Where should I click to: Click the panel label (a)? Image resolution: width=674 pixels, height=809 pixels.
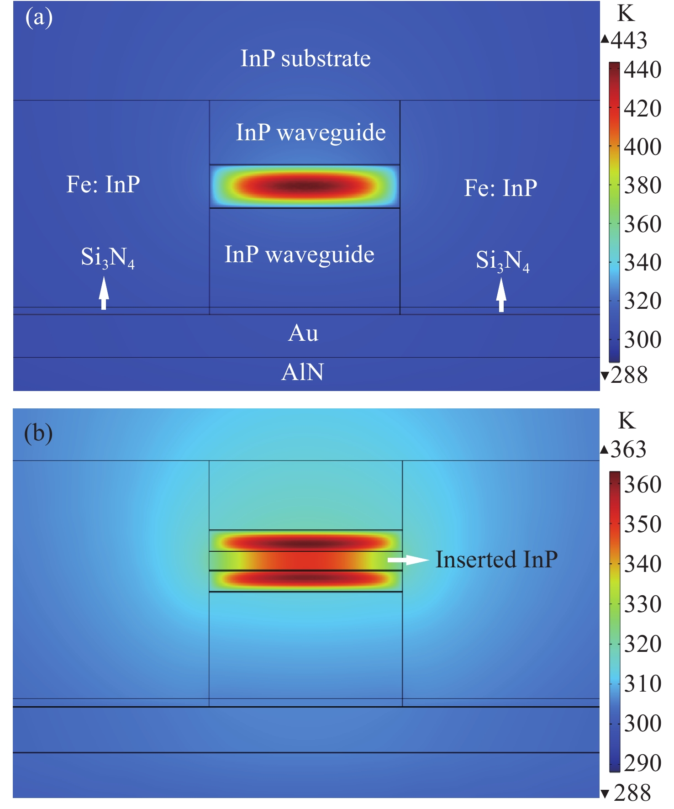(39, 18)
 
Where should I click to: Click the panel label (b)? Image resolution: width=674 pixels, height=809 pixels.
(38, 433)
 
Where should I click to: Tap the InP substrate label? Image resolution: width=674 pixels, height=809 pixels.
(305, 58)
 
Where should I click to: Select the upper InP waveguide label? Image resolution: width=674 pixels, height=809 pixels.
(311, 132)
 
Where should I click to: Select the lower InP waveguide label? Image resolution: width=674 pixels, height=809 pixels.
(300, 254)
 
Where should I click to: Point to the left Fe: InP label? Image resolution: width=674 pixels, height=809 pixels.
(103, 184)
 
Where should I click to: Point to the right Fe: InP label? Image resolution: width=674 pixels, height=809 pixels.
(500, 188)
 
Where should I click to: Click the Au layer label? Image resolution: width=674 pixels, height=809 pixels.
(303, 333)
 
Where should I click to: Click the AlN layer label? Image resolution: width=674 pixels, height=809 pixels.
(302, 372)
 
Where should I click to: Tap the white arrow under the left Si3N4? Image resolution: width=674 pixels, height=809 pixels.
(104, 293)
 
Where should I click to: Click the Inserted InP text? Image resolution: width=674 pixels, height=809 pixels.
(496, 560)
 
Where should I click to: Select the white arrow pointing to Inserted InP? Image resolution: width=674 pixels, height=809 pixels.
(408, 560)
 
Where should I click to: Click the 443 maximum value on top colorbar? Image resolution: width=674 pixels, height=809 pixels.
(628, 40)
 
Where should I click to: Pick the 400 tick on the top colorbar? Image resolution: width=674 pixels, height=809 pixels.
(642, 147)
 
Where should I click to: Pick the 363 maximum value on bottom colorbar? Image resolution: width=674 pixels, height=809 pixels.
(628, 449)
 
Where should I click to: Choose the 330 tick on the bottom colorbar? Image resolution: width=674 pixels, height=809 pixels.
(642, 604)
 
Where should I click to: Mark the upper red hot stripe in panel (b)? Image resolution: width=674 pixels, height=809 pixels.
(305, 543)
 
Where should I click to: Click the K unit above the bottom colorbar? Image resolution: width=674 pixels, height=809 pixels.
(627, 421)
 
